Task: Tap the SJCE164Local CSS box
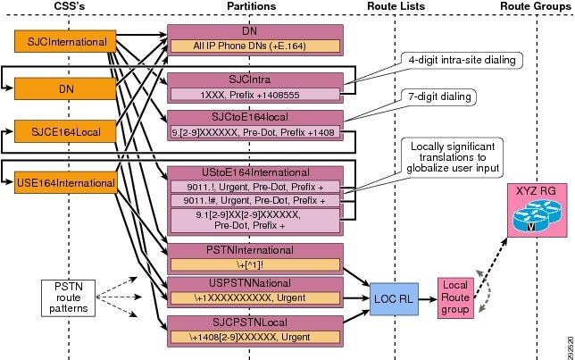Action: [52, 133]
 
